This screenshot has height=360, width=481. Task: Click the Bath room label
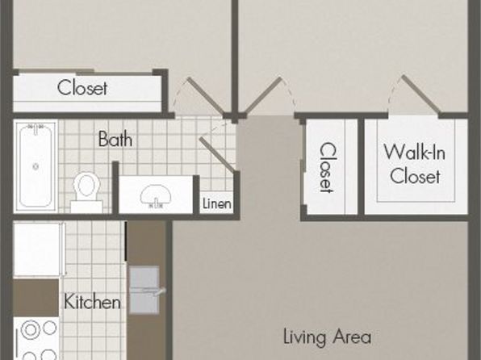pos(115,139)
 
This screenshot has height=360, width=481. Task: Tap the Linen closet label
pos(217,203)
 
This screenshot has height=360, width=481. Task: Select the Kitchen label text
pos(92,301)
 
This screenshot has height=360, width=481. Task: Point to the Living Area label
pos(327,337)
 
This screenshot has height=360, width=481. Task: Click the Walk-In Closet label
pos(415,164)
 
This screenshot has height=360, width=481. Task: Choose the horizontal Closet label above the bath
pos(82,87)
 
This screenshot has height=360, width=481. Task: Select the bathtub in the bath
pos(36,166)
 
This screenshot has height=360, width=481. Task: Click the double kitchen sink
pos(144,291)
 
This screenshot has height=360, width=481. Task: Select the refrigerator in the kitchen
pos(37,249)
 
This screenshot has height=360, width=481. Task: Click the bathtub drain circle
pos(36,166)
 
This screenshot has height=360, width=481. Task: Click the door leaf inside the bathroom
pos(217,154)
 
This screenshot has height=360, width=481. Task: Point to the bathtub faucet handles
pos(36,127)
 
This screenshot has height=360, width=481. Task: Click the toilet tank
pos(86,207)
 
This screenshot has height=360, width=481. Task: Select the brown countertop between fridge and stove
pos(36,297)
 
